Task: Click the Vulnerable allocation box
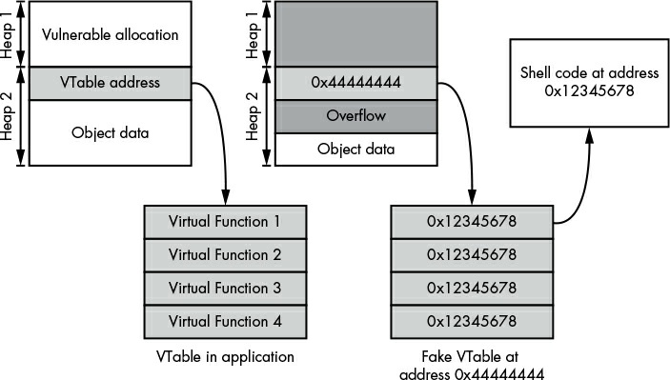[111, 33]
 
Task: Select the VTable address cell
[111, 83]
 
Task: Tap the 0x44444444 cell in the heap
[355, 83]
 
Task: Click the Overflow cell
[355, 116]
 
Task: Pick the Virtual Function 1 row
[225, 222]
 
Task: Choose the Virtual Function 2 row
[225, 255]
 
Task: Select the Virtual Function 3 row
[225, 289]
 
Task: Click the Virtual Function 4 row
[225, 322]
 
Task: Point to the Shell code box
[589, 83]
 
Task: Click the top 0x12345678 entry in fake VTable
[472, 222]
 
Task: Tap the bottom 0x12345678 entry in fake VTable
[472, 322]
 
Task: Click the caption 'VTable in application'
[225, 356]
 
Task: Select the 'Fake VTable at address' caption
[471, 365]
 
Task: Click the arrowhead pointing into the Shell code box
[589, 135]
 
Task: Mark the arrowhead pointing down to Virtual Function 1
[226, 198]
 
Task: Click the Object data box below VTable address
[111, 132]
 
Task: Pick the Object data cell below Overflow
[355, 150]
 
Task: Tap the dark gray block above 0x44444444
[355, 33]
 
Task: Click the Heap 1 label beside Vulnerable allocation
[8, 35]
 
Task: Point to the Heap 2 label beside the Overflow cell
[253, 116]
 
